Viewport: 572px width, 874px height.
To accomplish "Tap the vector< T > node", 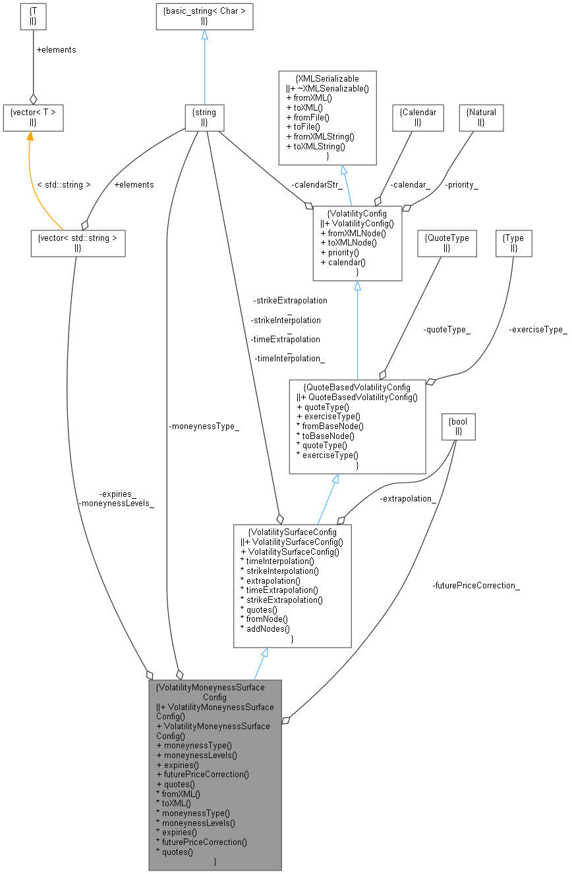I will coord(33,118).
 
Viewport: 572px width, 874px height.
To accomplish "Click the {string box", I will coord(204,118).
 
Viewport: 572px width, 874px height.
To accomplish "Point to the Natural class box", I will coord(481,118).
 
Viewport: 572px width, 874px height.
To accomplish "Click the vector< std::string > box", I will coord(78,243).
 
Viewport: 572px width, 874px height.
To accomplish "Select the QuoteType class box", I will coord(447,243).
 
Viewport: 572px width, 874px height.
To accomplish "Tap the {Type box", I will coord(513,243).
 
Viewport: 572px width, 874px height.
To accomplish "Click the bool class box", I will coord(459,427).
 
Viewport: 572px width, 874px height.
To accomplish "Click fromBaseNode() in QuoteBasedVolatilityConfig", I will coord(330,426).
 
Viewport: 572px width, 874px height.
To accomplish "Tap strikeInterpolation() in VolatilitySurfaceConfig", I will coord(279,571).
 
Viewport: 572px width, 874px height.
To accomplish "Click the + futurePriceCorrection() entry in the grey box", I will coord(202,774).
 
